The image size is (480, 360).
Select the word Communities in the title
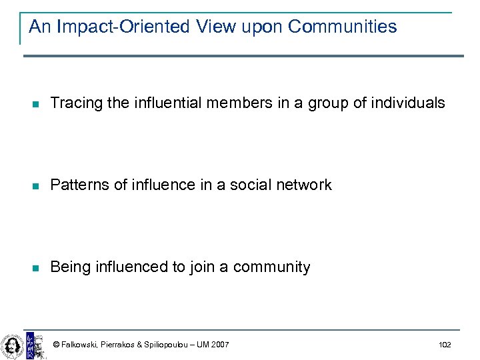[x=343, y=27]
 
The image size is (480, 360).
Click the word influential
[x=149, y=103]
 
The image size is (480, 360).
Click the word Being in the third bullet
[x=69, y=267]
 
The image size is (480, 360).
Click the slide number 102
[x=445, y=345]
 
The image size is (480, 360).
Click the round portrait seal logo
[x=11, y=345]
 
